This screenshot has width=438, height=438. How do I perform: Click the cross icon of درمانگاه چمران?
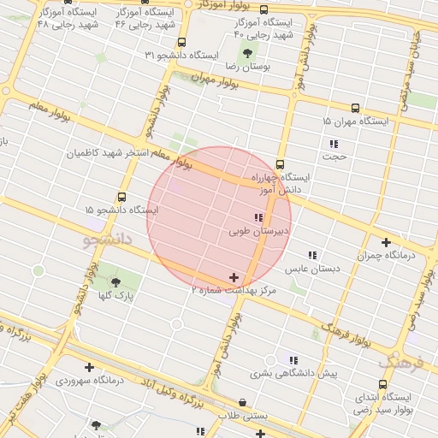(x=387, y=242)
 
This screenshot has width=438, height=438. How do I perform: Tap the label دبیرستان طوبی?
(x=260, y=231)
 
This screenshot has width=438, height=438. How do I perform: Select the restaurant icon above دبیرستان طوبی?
(x=259, y=217)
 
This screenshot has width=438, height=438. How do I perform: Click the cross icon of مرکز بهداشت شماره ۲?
(x=234, y=277)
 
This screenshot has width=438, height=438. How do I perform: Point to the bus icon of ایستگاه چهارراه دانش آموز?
(x=280, y=164)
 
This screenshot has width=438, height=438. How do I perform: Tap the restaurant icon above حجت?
(x=333, y=143)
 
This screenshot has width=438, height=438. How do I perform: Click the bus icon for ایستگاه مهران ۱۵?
(x=355, y=109)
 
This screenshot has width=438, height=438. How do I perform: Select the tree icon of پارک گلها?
(x=115, y=281)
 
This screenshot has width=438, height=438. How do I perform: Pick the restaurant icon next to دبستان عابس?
(x=312, y=255)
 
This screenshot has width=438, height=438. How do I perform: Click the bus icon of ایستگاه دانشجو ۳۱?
(x=181, y=42)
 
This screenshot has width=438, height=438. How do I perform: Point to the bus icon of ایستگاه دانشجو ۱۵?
(x=121, y=197)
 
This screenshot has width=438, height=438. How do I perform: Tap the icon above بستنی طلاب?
(x=242, y=402)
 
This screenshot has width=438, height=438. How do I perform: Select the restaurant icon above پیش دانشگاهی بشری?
(x=293, y=360)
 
